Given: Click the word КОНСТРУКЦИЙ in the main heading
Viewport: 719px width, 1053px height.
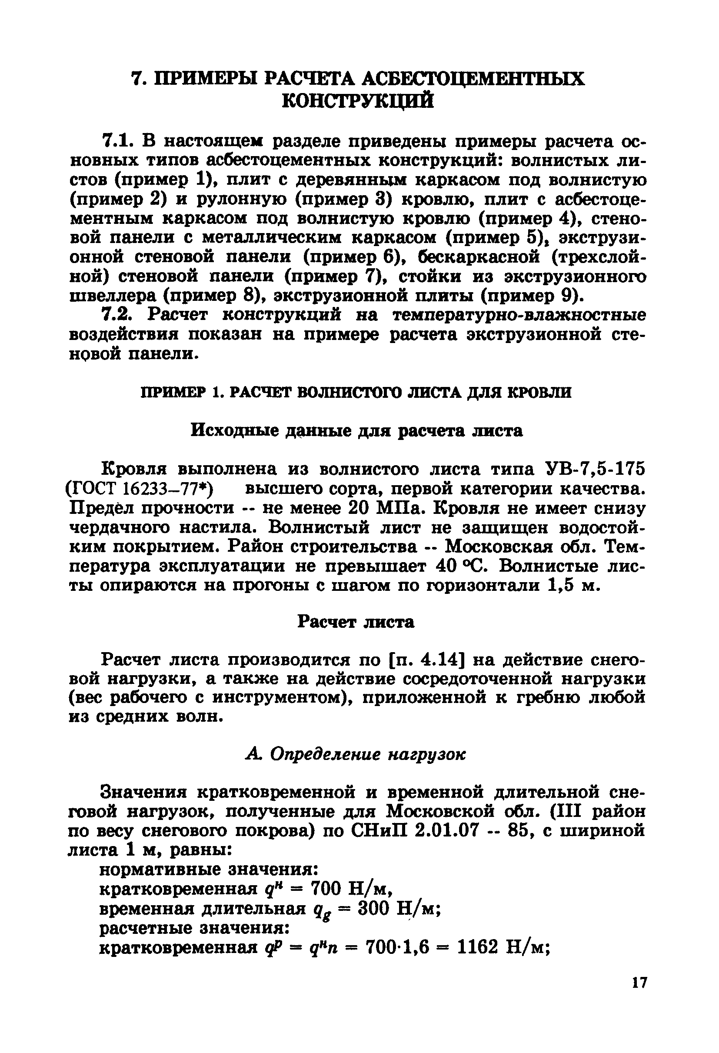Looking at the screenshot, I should tap(357, 101).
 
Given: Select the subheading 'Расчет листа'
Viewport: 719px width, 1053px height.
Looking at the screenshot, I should tap(356, 622).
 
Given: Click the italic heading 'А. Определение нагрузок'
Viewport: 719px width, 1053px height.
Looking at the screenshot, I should tap(356, 754).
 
